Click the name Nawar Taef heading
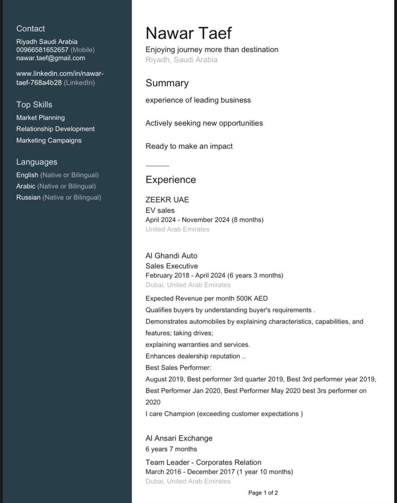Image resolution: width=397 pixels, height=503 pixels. pyautogui.click(x=188, y=33)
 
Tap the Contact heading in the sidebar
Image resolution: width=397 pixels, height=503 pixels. pyautogui.click(x=30, y=29)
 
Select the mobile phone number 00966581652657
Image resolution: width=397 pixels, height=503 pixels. pyautogui.click(x=42, y=50)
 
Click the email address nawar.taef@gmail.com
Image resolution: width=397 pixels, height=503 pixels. pyautogui.click(x=50, y=58)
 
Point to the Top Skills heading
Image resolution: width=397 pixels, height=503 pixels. pyautogui.click(x=34, y=105)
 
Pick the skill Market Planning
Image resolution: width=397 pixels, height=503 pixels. pyautogui.click(x=40, y=118)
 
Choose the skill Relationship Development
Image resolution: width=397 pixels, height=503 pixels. pyautogui.click(x=55, y=129)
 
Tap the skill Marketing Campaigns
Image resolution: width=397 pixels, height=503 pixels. pyautogui.click(x=49, y=140)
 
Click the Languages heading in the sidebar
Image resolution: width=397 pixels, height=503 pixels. pyautogui.click(x=37, y=162)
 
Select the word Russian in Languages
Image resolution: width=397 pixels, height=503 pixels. pyautogui.click(x=28, y=197)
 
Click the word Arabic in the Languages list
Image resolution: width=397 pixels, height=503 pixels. pyautogui.click(x=26, y=186)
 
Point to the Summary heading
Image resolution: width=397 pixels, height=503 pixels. pyautogui.click(x=167, y=83)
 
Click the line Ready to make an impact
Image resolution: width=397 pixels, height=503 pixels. pyautogui.click(x=189, y=146)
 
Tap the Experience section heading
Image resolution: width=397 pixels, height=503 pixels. pyautogui.click(x=171, y=180)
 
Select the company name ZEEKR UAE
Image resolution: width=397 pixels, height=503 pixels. pyautogui.click(x=167, y=200)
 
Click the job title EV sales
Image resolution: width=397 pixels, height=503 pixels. pyautogui.click(x=160, y=210)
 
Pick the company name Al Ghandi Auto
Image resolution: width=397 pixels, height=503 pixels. pyautogui.click(x=171, y=256)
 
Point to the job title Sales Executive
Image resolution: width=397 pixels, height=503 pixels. pyautogui.click(x=172, y=266)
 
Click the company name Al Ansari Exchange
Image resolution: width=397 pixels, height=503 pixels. pyautogui.click(x=179, y=438)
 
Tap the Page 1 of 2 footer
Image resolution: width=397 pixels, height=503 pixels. pyautogui.click(x=263, y=493)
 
